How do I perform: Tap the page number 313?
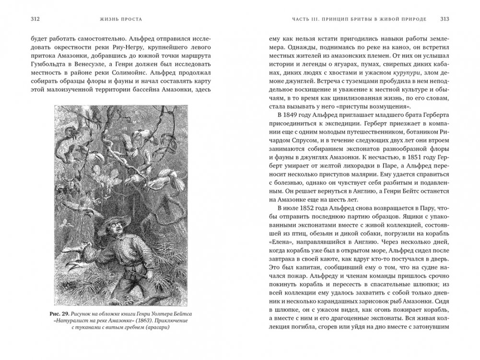click(x=444, y=20)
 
